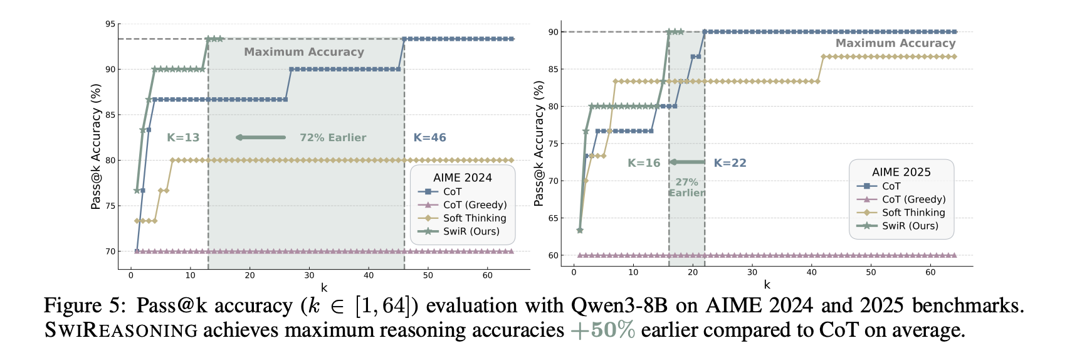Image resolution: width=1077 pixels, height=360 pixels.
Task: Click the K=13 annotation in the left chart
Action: coord(183,138)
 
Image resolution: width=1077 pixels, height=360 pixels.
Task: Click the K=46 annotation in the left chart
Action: coord(429,138)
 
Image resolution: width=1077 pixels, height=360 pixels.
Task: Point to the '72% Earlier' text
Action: coord(333,138)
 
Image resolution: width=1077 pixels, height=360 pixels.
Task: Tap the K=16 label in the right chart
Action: coord(644,163)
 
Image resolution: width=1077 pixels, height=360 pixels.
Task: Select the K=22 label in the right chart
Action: coord(730,163)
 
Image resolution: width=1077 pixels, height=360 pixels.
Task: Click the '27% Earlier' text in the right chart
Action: coord(686,188)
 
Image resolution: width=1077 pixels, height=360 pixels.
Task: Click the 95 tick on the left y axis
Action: coord(110,24)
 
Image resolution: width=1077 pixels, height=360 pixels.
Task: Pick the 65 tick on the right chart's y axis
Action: coord(554,218)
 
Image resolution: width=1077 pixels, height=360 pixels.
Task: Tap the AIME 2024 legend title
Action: coord(463,177)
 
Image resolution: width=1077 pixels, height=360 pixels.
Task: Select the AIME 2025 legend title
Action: coord(901,172)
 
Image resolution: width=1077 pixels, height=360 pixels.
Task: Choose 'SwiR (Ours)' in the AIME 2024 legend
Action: coord(471,231)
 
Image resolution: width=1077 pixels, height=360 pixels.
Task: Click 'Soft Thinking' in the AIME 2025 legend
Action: coord(913,213)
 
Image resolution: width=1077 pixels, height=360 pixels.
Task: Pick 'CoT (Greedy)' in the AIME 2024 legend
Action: coord(475,205)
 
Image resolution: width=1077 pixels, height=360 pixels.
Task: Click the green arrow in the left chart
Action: coord(261,137)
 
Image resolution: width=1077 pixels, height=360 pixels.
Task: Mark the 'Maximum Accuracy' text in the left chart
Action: coord(304,52)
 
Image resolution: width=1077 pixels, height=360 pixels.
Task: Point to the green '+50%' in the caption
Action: coord(602,331)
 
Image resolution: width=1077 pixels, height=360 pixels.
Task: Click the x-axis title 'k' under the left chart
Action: coord(324,288)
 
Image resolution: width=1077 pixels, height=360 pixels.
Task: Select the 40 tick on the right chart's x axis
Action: coord(812,272)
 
